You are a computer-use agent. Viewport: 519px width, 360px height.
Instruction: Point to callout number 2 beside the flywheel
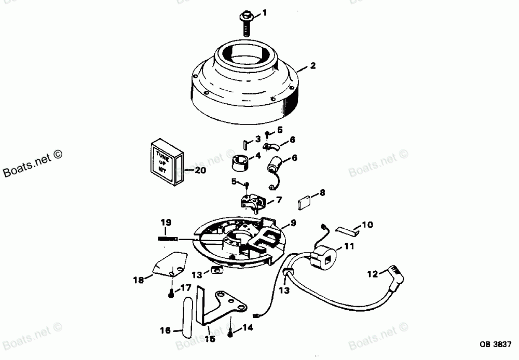[x=312, y=66]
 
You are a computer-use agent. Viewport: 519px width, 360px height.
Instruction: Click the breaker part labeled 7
[x=254, y=200]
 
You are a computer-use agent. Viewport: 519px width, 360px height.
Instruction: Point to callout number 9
[x=293, y=223]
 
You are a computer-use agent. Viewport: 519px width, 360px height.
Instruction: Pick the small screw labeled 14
[x=230, y=334]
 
